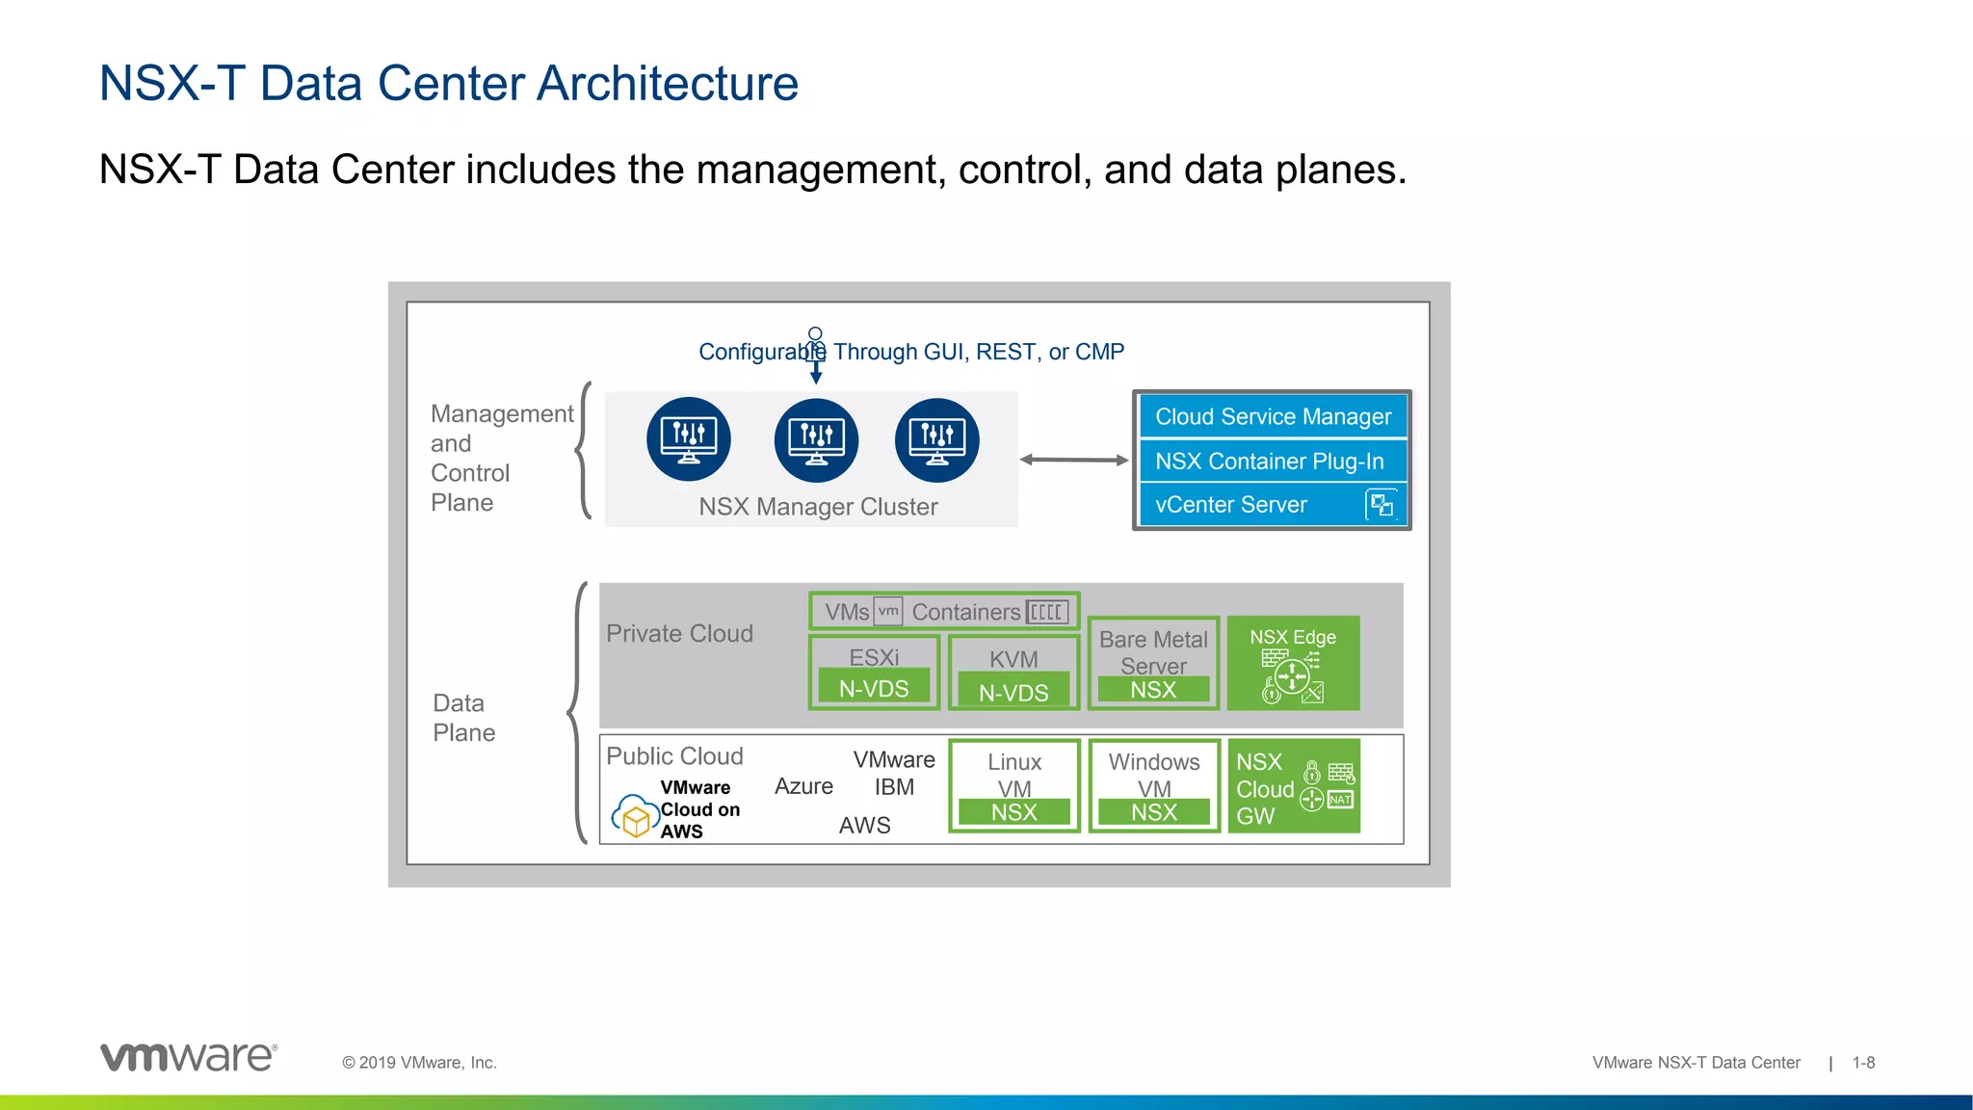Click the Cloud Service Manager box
pos(1273,416)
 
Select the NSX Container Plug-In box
pos(1273,461)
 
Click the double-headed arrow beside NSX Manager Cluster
pos(1073,460)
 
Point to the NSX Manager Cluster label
pos(818,507)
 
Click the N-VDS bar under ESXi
pos(874,688)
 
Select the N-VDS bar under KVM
pos(1013,692)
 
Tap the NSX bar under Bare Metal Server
pos(1153,690)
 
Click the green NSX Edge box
pos(1293,663)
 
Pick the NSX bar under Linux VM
pos(1013,812)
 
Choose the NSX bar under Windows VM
pos(1153,812)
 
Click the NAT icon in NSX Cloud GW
pos(1340,800)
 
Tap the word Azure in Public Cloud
pos(803,786)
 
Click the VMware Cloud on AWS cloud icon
pos(635,816)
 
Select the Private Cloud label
pos(679,633)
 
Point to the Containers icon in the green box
pos(1046,612)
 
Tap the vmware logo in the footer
pos(189,1057)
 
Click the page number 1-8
pos(1863,1063)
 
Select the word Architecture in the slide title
pos(667,83)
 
